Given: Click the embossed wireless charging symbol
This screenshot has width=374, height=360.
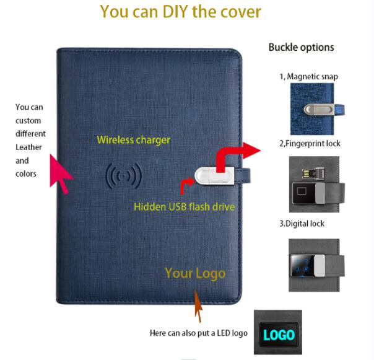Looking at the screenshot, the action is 124,176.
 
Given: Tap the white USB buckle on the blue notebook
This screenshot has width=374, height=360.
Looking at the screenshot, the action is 214,176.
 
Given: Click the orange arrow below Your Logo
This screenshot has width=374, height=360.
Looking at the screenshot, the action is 198,305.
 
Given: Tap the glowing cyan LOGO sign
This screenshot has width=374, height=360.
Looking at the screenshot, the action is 279,335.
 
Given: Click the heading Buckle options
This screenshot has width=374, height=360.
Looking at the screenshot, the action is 302,47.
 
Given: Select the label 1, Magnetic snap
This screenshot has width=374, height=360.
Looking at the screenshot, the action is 308,77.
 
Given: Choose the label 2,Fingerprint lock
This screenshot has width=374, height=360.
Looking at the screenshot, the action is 310,144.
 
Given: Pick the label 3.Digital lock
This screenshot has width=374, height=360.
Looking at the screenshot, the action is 302,224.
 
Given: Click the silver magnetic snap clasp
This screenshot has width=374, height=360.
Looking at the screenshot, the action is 319,110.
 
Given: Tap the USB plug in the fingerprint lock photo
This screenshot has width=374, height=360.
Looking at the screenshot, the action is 313,173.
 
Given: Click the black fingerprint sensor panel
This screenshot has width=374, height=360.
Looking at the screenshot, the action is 303,193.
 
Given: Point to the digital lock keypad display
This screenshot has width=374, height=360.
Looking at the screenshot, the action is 302,266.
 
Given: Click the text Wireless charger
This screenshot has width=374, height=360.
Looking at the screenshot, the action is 134,140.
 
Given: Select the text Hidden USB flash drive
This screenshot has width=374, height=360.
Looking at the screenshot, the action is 185,207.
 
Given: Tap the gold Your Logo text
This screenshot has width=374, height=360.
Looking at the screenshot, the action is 195,273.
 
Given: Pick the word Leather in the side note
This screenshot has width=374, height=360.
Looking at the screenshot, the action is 28,147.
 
